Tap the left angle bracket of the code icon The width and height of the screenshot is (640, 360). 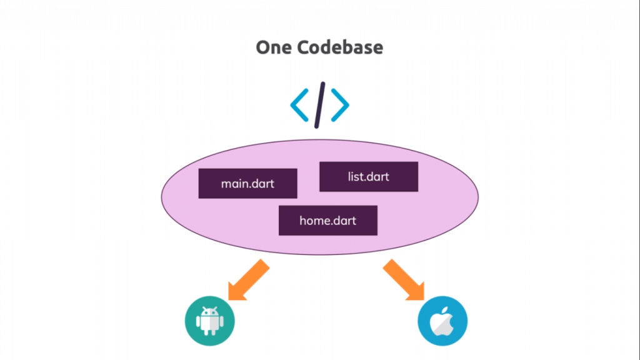tap(300, 105)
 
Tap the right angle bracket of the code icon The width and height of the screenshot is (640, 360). tap(339, 105)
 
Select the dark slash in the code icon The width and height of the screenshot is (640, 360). tap(320, 104)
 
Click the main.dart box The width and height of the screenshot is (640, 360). tap(247, 184)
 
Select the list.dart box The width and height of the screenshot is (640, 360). tap(368, 177)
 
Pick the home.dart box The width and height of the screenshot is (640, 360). tap(327, 221)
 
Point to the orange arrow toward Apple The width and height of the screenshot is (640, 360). tap(404, 279)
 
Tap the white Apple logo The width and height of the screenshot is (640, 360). tap(441, 322)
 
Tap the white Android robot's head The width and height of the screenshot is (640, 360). tap(209, 313)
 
